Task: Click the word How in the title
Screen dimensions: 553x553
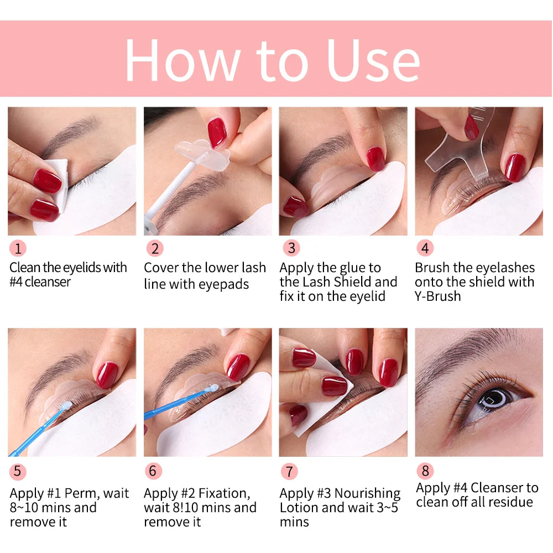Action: click(182, 59)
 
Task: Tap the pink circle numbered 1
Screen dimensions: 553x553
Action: click(18, 248)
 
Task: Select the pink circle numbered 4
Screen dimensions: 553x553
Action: click(425, 248)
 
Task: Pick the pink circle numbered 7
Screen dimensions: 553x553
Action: click(289, 471)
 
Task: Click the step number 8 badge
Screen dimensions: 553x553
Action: click(425, 471)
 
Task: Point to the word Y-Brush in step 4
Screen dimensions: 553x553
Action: click(437, 296)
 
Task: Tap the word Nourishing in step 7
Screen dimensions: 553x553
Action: click(367, 493)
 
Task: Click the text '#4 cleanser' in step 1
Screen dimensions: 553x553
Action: click(40, 282)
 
